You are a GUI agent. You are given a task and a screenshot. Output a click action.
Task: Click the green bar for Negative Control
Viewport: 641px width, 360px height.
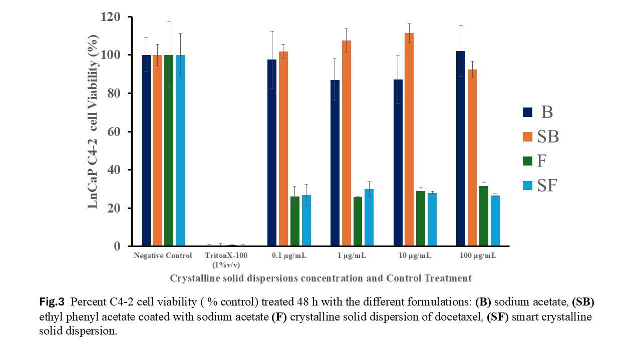(169, 150)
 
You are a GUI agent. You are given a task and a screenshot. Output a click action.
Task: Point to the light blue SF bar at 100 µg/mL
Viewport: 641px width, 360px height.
(495, 220)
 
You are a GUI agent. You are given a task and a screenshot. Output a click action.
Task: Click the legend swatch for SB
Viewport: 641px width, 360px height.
(528, 136)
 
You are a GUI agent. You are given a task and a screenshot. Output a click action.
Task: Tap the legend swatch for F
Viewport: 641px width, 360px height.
(528, 161)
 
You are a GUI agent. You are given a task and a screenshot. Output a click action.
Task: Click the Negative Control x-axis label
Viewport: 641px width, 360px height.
(163, 256)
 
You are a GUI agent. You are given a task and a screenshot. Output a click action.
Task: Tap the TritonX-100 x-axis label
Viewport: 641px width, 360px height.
(226, 256)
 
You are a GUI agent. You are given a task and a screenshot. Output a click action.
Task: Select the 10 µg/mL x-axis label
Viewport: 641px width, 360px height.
(414, 256)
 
